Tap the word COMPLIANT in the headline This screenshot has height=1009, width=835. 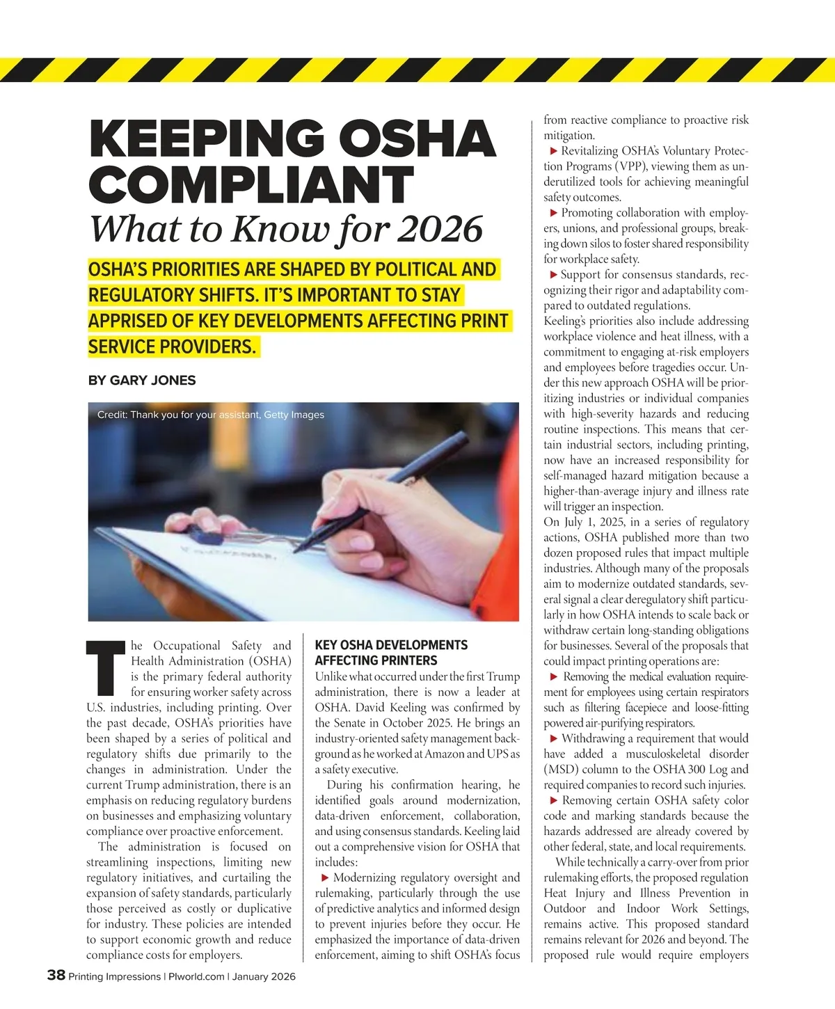click(x=251, y=184)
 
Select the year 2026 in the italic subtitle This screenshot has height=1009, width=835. click(x=440, y=228)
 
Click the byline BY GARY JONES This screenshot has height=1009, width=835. click(x=142, y=381)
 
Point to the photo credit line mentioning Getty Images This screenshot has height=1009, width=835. click(x=211, y=415)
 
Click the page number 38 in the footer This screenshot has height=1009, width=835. click(x=56, y=976)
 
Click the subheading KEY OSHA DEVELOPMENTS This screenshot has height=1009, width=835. click(x=391, y=645)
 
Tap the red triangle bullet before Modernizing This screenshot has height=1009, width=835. click(x=324, y=878)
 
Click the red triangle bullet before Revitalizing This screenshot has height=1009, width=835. click(x=554, y=151)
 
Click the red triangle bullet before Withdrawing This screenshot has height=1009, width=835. click(x=554, y=739)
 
